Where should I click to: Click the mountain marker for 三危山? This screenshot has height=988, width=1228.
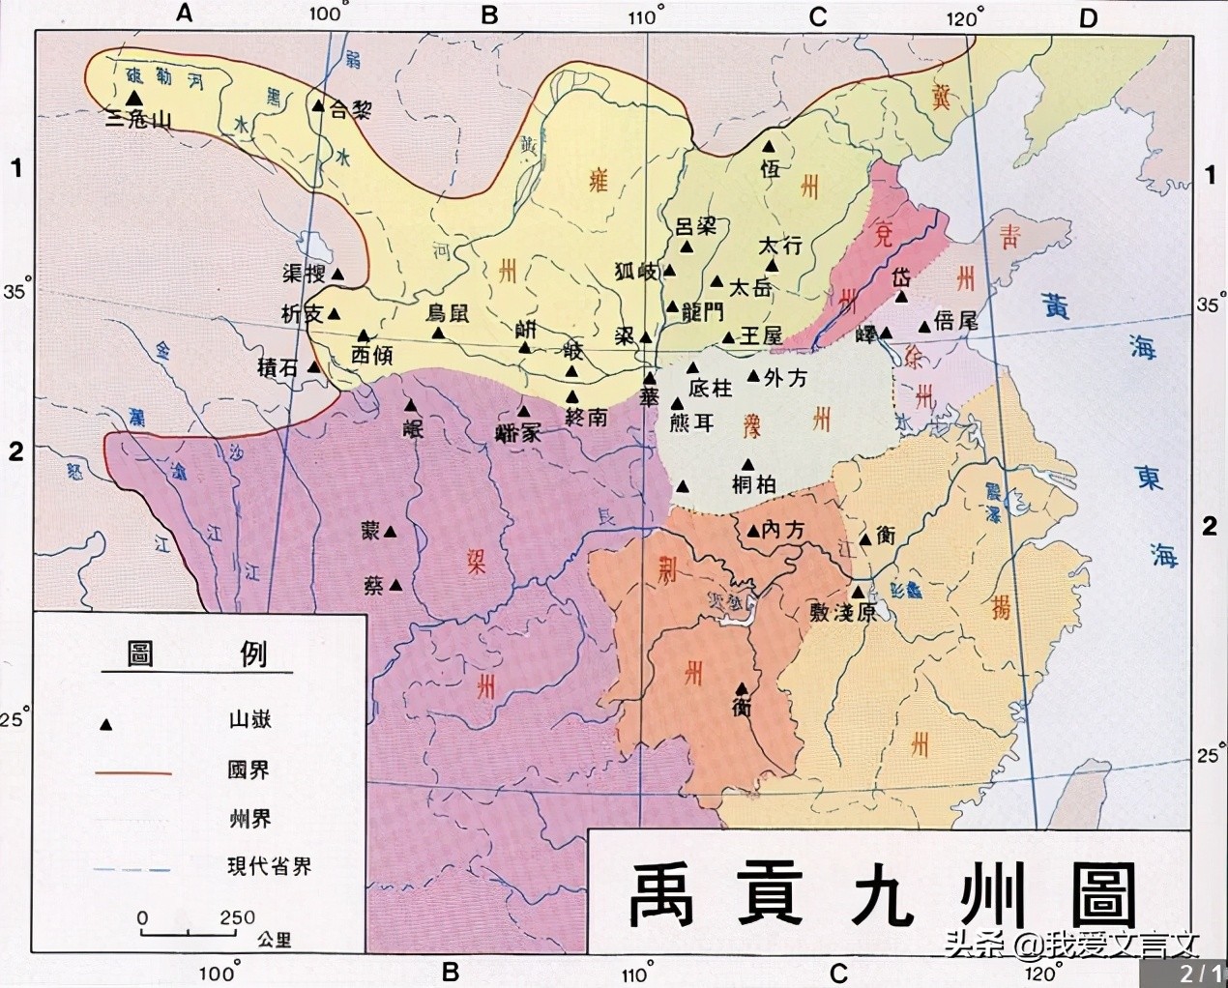pyautogui.click(x=134, y=98)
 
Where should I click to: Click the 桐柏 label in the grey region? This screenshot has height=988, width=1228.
pyautogui.click(x=754, y=486)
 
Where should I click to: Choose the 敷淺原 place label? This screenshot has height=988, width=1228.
pyautogui.click(x=843, y=612)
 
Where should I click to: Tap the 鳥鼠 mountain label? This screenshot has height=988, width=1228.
pyautogui.click(x=448, y=313)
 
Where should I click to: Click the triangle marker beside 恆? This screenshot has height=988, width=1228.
pyautogui.click(x=770, y=146)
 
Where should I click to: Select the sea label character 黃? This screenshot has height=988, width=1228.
pyautogui.click(x=1057, y=307)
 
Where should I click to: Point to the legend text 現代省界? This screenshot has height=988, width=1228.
pyautogui.click(x=270, y=866)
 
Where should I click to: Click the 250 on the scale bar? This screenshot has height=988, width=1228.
pyautogui.click(x=237, y=917)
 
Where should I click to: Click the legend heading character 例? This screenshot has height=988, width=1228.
pyautogui.click(x=252, y=654)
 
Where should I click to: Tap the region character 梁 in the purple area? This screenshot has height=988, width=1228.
pyautogui.click(x=476, y=565)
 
